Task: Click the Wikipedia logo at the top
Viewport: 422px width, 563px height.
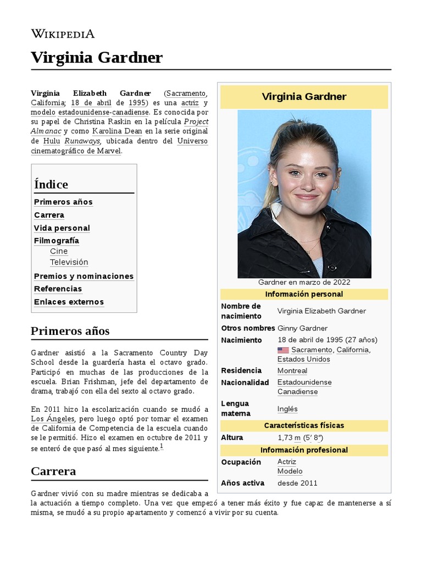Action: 63,34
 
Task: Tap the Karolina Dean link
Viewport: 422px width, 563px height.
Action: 117,131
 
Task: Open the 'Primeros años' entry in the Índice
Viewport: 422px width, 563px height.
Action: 63,202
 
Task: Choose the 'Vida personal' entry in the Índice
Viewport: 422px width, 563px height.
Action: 62,228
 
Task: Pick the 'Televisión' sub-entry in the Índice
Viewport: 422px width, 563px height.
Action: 69,262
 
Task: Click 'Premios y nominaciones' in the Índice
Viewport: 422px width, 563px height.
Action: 84,276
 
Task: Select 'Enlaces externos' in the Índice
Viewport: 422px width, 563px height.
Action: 69,302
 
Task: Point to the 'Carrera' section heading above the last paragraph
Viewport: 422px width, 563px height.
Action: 53,471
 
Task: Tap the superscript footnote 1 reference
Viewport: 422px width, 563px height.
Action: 162,446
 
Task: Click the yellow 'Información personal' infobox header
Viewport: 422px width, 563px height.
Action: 304,294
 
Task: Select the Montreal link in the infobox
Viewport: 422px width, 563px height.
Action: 292,371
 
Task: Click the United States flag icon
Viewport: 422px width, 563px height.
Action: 283,350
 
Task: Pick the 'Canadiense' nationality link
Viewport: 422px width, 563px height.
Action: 297,392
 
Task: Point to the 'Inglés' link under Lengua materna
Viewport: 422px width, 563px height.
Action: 287,409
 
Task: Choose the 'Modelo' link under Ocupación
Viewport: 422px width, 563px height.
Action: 290,471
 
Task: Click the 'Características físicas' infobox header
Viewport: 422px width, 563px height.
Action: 304,426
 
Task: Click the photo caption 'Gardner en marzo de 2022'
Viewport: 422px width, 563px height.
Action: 304,282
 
